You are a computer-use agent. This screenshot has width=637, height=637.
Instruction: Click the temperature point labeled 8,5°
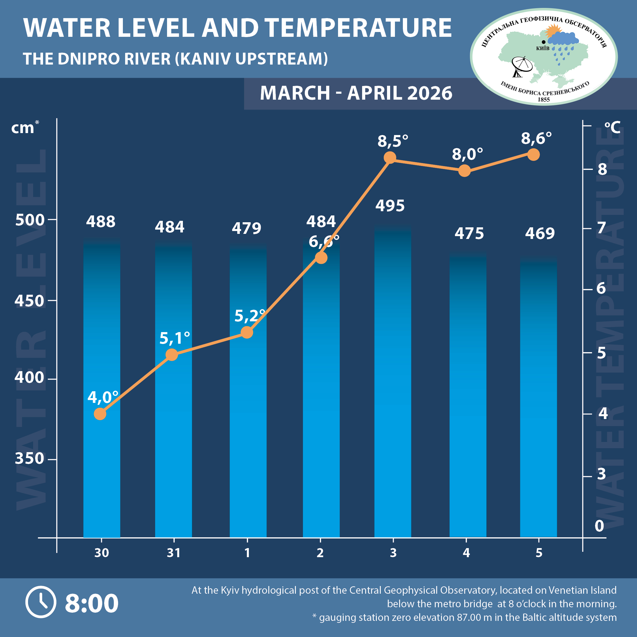coord(390,158)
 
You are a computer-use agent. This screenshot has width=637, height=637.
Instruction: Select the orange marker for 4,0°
coord(100,414)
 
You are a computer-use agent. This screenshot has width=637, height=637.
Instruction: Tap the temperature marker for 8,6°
coord(533,154)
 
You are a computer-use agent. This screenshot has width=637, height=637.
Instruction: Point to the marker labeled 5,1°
coord(172,355)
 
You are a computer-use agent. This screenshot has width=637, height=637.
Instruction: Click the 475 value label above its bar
coord(469,234)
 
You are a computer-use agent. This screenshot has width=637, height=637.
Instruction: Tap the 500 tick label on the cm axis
coord(30,220)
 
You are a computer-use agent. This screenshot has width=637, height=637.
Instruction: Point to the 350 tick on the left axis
coord(29,458)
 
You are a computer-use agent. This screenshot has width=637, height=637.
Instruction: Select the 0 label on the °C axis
coord(599,526)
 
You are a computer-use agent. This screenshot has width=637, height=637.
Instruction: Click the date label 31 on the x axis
coord(174,553)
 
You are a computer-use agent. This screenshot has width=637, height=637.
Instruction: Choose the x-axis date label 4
coord(466,553)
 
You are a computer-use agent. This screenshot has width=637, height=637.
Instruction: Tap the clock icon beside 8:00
coord(41,602)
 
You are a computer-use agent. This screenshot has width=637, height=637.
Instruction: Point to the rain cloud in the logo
coord(563,40)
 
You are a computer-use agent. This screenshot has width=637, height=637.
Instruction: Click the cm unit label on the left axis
coord(22,128)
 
